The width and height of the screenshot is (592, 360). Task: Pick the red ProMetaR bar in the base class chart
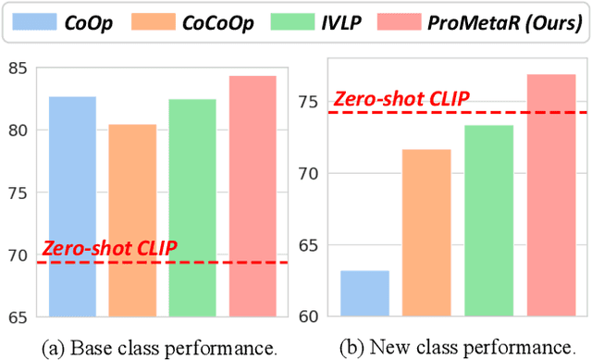[253, 195]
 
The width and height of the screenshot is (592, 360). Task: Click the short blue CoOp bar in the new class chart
[364, 293]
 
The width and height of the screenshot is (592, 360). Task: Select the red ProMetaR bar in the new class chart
[550, 194]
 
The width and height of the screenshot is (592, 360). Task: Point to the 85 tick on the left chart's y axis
[19, 68]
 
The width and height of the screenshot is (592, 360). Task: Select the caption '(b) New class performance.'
[450, 347]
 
